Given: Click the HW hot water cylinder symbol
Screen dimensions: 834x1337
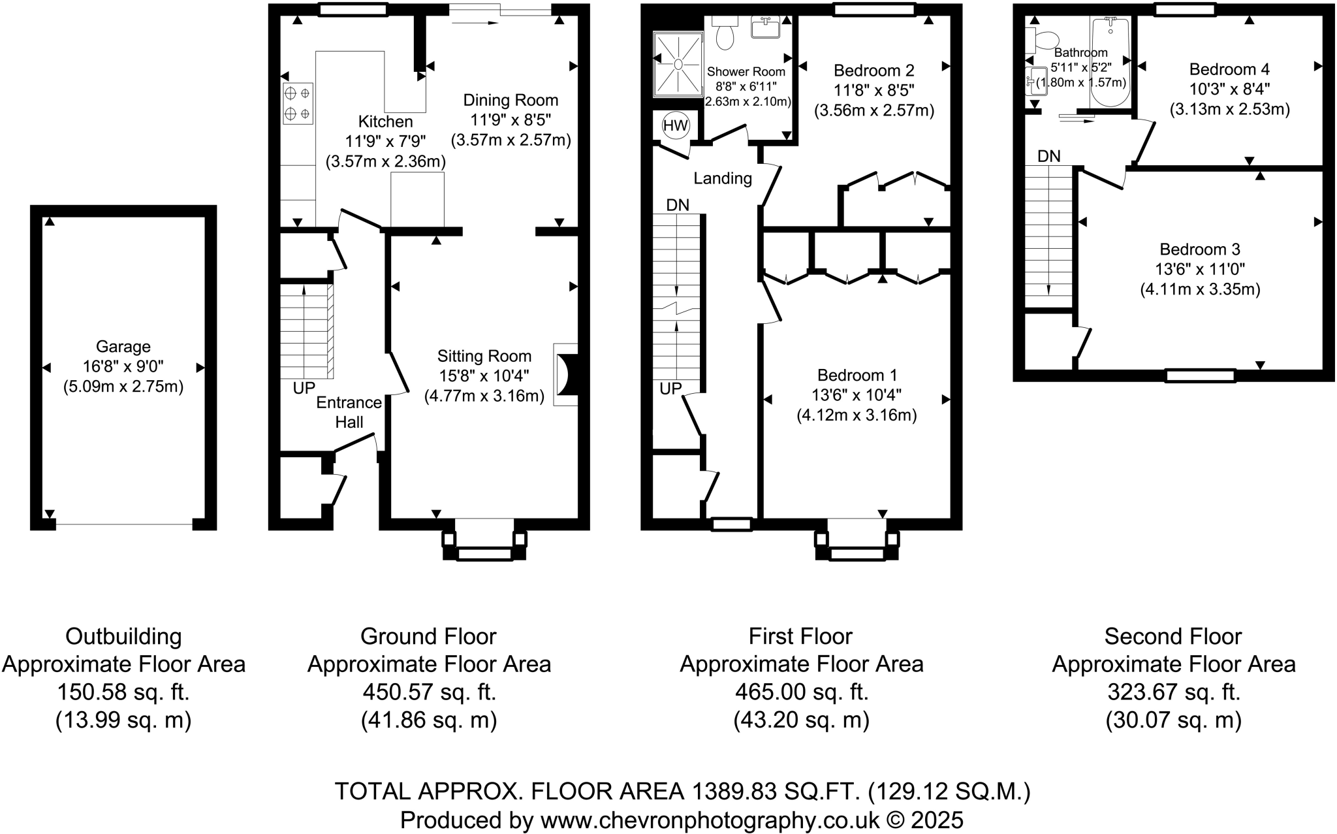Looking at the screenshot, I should click(x=675, y=125).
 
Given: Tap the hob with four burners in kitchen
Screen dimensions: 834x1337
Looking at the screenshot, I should click(x=298, y=103).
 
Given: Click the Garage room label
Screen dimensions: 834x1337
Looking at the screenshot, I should click(x=123, y=347).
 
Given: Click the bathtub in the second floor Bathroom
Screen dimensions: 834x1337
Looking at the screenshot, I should click(x=1110, y=62).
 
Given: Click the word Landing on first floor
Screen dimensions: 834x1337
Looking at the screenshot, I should click(x=723, y=178).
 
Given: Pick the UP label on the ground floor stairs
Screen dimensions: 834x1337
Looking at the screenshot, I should click(x=304, y=388).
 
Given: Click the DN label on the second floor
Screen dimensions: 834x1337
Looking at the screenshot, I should click(x=1049, y=156).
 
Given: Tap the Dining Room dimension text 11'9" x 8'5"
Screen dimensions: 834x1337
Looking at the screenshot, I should click(x=511, y=120).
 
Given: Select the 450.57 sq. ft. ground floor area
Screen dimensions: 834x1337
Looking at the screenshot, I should click(x=429, y=692).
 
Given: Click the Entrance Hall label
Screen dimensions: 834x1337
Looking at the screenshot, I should click(x=349, y=412).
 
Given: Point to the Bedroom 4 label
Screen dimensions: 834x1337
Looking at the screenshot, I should click(x=1229, y=69).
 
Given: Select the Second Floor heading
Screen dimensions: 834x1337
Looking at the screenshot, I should click(x=1172, y=636).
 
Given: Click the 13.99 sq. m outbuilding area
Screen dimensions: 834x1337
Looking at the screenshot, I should click(x=123, y=720).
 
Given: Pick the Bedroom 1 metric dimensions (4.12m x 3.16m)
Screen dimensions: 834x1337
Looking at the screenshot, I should click(x=857, y=415).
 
